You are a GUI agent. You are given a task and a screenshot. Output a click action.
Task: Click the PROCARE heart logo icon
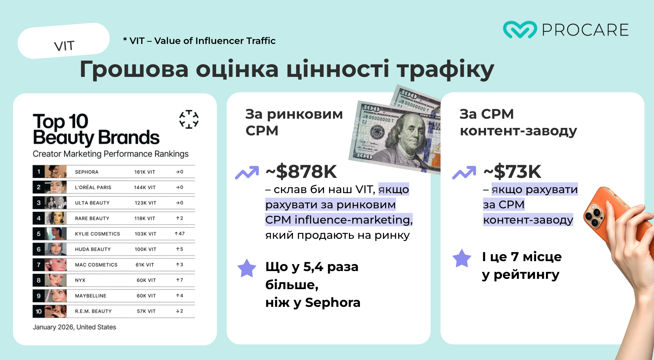(520, 29)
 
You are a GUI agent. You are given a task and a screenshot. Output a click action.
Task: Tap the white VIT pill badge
(64, 41)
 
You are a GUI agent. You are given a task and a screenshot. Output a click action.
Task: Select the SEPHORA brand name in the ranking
(87, 172)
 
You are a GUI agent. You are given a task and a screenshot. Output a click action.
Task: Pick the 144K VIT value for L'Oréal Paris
(145, 187)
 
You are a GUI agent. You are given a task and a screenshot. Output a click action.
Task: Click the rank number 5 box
(39, 234)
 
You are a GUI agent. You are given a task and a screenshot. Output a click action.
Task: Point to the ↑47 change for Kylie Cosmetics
(180, 234)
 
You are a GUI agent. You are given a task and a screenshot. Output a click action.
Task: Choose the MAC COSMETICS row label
(96, 265)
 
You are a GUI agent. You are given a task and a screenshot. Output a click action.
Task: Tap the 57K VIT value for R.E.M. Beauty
(146, 311)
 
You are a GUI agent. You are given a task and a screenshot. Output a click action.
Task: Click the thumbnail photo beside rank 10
(56, 311)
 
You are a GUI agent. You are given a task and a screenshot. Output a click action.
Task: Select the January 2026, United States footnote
(74, 327)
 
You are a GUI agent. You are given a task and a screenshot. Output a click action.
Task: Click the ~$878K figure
(301, 171)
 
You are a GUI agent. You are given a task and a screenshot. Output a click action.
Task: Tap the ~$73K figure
(512, 171)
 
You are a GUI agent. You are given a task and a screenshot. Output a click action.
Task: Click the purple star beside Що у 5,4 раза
(247, 268)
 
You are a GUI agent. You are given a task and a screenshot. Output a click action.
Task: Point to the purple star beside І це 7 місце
(462, 258)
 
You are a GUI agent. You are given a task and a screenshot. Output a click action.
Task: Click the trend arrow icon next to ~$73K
(464, 173)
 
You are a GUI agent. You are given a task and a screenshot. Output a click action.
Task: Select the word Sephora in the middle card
(333, 303)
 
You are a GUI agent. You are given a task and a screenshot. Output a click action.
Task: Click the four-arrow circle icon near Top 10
(189, 119)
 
